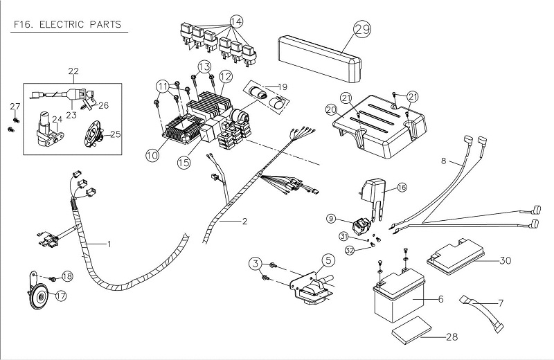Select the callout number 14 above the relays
237,21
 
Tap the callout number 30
506,261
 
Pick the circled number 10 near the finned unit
152,156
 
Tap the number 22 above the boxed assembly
73,72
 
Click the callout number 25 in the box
115,134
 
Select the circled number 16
402,187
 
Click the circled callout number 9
331,219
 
